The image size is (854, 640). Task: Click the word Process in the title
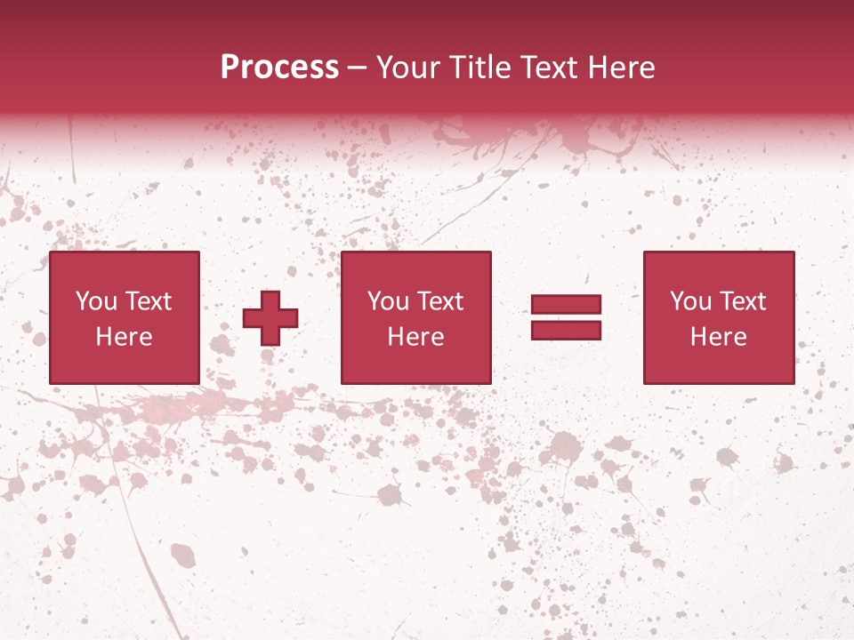[x=279, y=68]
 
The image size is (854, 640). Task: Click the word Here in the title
[x=622, y=68]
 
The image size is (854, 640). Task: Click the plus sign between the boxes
[x=270, y=318]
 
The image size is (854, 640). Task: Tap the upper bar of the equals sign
[x=566, y=305]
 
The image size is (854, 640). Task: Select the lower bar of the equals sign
[x=566, y=330]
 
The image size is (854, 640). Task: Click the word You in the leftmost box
[x=96, y=301]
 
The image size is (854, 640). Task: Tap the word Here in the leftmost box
[x=124, y=337]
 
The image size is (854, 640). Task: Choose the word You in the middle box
[x=388, y=301]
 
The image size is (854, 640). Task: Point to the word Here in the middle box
[x=415, y=337]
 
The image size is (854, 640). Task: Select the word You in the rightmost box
[x=690, y=301]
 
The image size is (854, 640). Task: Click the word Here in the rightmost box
[x=718, y=337]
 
